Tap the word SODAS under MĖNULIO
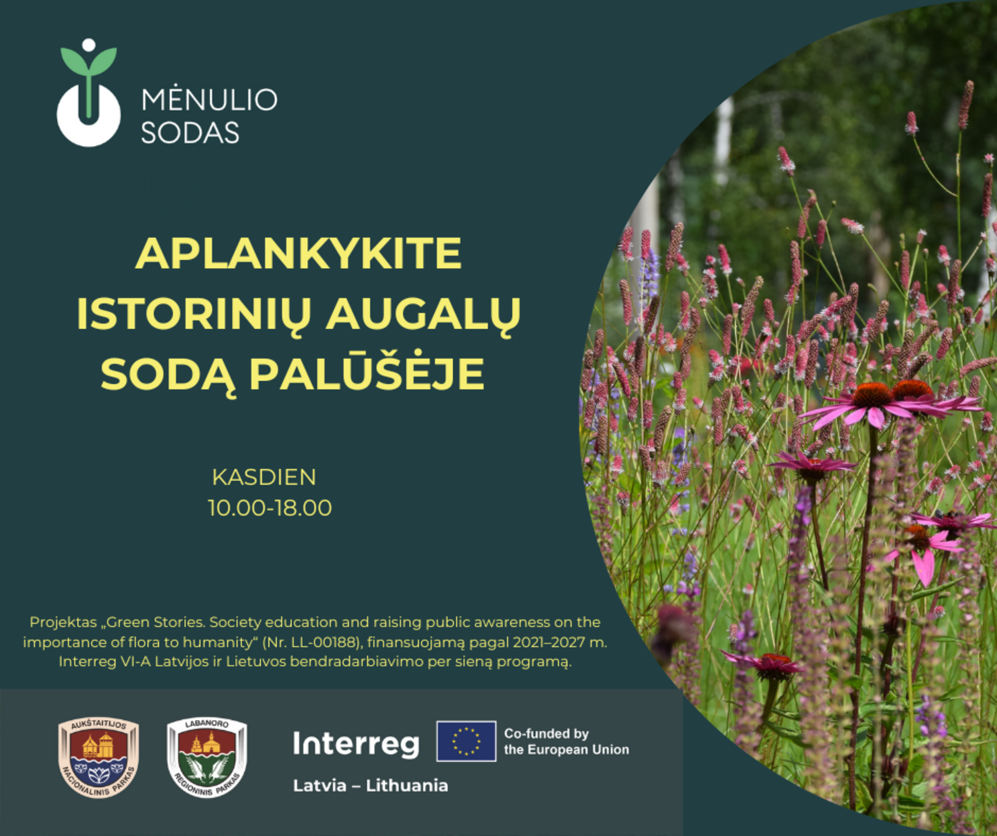coord(190,133)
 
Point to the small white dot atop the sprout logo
coord(89,45)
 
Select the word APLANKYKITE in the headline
coord(298,253)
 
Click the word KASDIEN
coord(264,477)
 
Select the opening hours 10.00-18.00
coord(270,508)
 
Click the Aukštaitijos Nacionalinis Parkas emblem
coord(98,758)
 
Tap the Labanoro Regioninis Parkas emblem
coord(207,758)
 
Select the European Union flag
coord(466,741)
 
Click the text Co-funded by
coord(546,734)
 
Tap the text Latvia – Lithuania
coord(370,785)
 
